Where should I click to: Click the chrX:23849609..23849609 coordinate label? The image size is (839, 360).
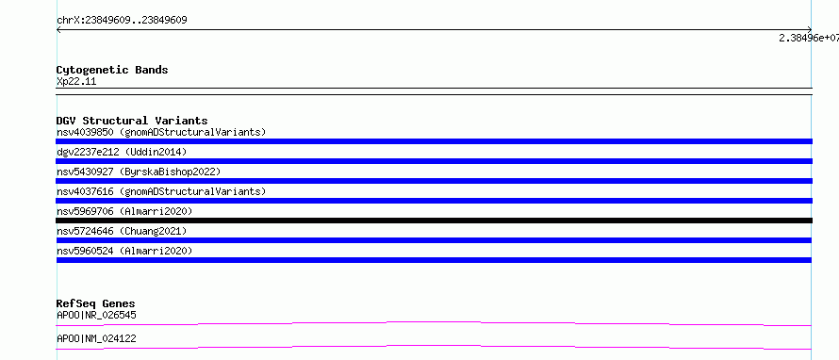pyautogui.click(x=122, y=21)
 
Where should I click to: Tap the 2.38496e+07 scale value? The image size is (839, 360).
pyautogui.click(x=809, y=38)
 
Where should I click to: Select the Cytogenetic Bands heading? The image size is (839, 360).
pyautogui.click(x=112, y=70)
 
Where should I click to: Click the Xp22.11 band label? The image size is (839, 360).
pyautogui.click(x=76, y=82)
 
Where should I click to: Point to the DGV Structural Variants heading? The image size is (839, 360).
pyautogui.click(x=132, y=121)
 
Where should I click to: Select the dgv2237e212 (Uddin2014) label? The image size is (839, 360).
pyautogui.click(x=122, y=152)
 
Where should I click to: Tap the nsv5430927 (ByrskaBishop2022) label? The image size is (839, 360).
pyautogui.click(x=139, y=172)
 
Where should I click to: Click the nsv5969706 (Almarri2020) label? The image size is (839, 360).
pyautogui.click(x=124, y=211)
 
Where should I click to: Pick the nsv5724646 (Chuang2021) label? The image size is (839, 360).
pyautogui.click(x=122, y=231)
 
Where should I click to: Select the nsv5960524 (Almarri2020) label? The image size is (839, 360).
pyautogui.click(x=124, y=251)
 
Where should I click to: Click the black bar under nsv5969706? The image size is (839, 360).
pyautogui.click(x=434, y=221)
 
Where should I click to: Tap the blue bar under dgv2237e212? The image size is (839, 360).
pyautogui.click(x=434, y=161)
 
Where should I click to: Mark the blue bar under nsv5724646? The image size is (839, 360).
pyautogui.click(x=434, y=240)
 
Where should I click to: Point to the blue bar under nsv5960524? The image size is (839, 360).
pyautogui.click(x=434, y=260)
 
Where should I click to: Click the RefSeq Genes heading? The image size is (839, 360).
pyautogui.click(x=96, y=304)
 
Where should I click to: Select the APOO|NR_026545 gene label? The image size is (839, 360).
pyautogui.click(x=96, y=315)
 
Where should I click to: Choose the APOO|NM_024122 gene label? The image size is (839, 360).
pyautogui.click(x=96, y=338)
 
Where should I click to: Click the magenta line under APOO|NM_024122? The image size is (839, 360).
pyautogui.click(x=434, y=346)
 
